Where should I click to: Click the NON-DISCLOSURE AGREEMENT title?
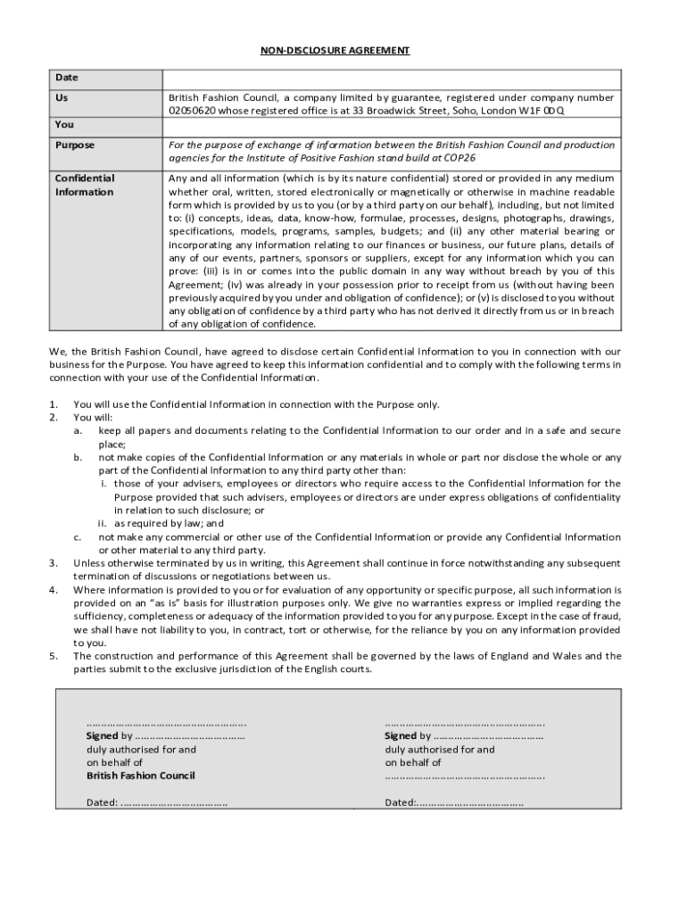coord(335,51)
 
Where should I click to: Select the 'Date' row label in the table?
coord(66,79)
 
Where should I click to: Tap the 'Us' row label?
coord(62,97)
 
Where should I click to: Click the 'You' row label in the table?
coord(64,124)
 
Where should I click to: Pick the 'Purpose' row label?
coord(74,145)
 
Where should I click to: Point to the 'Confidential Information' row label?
coord(84,185)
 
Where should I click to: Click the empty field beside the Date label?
coord(390,79)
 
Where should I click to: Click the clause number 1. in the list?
coord(54,404)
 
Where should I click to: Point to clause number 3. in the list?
coord(54,563)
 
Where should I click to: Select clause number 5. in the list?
coord(54,656)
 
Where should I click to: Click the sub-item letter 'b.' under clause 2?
coord(79,457)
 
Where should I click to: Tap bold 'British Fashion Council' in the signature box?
coord(140,776)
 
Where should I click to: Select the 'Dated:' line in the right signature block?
coord(454,802)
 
